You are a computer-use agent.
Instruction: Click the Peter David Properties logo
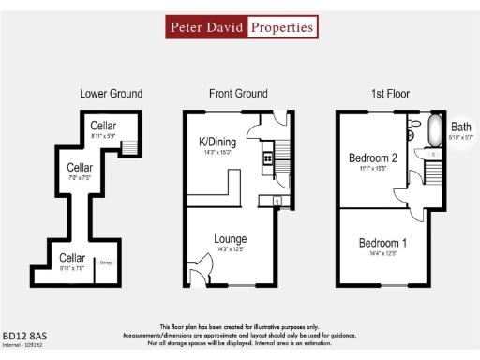(x=240, y=27)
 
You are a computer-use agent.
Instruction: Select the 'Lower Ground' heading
(x=111, y=93)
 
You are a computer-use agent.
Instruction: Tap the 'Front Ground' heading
(x=238, y=93)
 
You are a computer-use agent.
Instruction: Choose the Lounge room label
(x=230, y=239)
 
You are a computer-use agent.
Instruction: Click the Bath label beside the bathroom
(x=461, y=127)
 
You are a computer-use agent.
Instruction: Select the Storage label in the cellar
(x=106, y=262)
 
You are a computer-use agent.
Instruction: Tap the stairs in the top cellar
(x=132, y=146)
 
